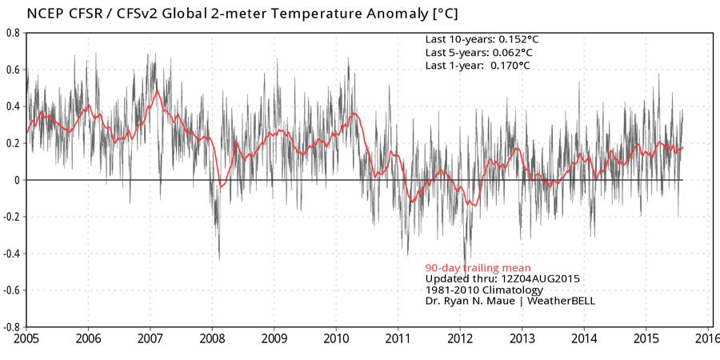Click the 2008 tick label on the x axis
(212, 339)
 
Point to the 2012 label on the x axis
(461, 339)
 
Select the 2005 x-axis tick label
(26, 339)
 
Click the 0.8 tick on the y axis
(14, 33)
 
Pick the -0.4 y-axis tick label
(12, 254)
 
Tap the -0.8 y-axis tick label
(12, 327)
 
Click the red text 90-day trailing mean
(478, 267)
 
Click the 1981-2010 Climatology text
(484, 290)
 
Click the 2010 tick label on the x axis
(336, 339)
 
